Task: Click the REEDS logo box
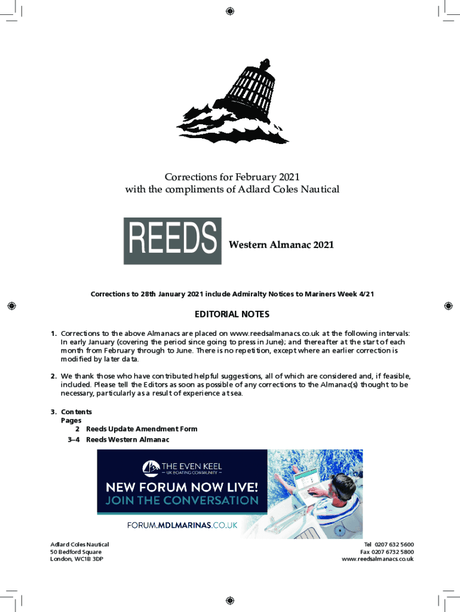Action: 172,241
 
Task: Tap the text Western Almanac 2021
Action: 281,244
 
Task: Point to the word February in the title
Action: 256,177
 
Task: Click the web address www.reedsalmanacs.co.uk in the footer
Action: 378,559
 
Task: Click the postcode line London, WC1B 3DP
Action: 76,559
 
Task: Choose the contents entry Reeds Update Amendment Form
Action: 142,429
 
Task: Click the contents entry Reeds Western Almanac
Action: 128,440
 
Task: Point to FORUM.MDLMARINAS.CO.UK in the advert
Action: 183,525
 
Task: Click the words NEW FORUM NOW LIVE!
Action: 182,486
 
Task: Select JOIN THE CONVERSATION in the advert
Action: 182,500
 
